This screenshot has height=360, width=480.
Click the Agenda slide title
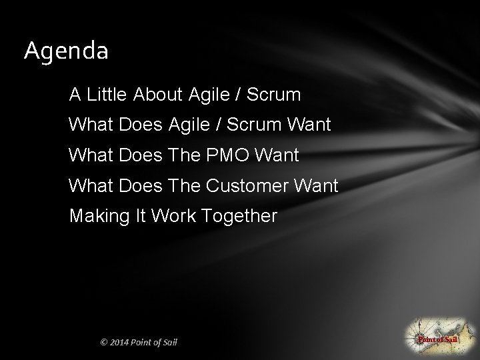[66, 51]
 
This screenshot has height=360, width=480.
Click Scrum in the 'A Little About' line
[274, 95]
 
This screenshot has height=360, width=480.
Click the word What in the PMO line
[89, 155]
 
